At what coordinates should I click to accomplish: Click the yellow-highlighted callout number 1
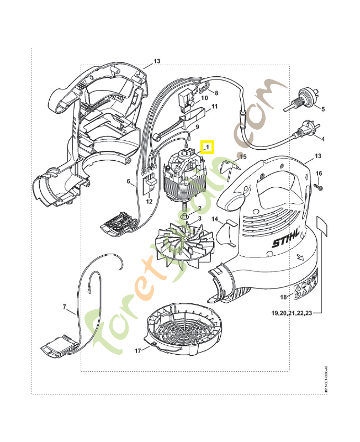[x=208, y=148]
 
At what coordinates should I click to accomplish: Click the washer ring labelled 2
[x=185, y=213]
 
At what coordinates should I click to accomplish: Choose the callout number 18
[x=283, y=297]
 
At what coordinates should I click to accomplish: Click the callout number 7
[x=64, y=306]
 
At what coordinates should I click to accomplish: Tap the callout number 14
[x=216, y=219]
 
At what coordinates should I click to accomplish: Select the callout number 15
[x=243, y=157]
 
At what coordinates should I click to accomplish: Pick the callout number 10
[x=204, y=98]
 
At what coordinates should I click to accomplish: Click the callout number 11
[x=214, y=106]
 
